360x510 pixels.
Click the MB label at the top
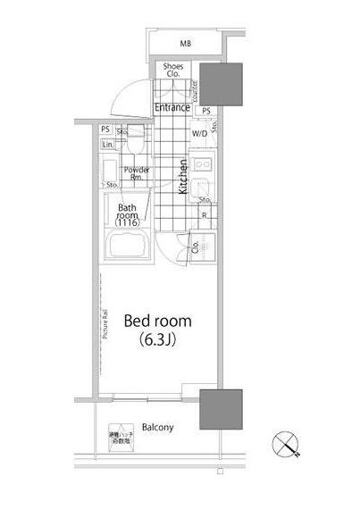tap(186, 43)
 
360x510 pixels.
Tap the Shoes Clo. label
tap(173, 71)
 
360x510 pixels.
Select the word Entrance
tap(172, 108)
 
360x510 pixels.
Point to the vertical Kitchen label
tap(182, 177)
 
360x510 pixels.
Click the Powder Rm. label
tap(136, 172)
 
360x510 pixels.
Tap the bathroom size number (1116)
tap(128, 222)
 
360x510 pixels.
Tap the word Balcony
tap(155, 428)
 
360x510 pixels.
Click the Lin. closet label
tap(107, 145)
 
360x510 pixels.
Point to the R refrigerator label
tap(205, 215)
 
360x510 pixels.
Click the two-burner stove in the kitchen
tap(202, 165)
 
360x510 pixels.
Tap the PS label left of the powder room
tap(105, 130)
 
